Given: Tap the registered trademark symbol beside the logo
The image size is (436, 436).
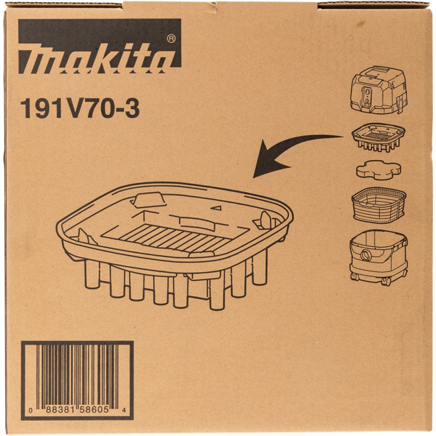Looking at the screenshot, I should pyautogui.click(x=171, y=39).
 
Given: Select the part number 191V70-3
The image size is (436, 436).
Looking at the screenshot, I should pyautogui.click(x=80, y=109).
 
